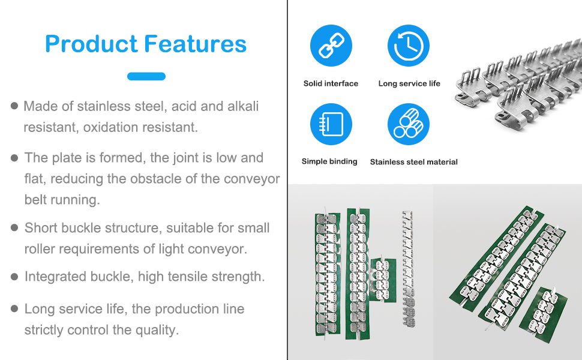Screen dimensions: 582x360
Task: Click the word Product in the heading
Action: pyautogui.click(x=91, y=44)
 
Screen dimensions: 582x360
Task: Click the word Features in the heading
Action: pyautogui.click(x=195, y=44)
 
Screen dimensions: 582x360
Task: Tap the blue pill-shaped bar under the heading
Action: pyautogui.click(x=146, y=76)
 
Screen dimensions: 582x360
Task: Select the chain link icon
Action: pyautogui.click(x=331, y=46)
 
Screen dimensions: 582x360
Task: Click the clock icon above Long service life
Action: pyautogui.click(x=409, y=46)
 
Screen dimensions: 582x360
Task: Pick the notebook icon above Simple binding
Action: pyautogui.click(x=331, y=124)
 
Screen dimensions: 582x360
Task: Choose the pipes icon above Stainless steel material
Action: pyautogui.click(x=409, y=124)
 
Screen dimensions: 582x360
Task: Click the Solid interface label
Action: pyautogui.click(x=331, y=83)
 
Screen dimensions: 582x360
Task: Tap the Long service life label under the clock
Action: pyautogui.click(x=409, y=83)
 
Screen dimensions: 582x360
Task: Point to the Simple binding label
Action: pyautogui.click(x=329, y=161)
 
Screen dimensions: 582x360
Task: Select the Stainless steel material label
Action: pyautogui.click(x=414, y=162)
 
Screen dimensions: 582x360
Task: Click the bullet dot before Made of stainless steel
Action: pyautogui.click(x=14, y=106)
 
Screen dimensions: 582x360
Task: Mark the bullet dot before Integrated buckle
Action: pyautogui.click(x=14, y=277)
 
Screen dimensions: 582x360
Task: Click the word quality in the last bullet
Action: pyautogui.click(x=160, y=330)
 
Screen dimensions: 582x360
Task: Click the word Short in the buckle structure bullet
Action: pyautogui.click(x=41, y=228)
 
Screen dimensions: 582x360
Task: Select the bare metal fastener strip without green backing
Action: pyautogui.click(x=408, y=269)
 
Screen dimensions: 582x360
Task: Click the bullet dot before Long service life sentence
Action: pyautogui.click(x=14, y=309)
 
